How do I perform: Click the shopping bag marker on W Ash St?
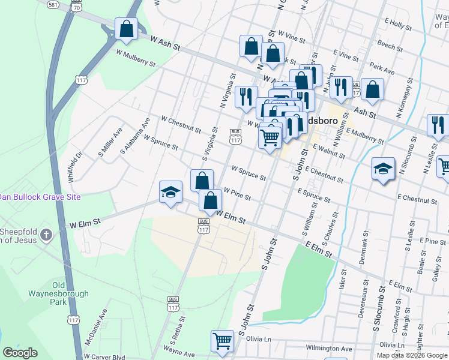click(x=127, y=29)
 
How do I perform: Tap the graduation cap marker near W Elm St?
click(x=170, y=193)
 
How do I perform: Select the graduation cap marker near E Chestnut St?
click(x=382, y=169)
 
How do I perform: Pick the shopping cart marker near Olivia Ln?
click(x=223, y=341)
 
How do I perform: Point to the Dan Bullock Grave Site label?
click(x=48, y=197)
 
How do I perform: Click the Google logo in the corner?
click(x=20, y=353)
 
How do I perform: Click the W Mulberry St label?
click(x=136, y=58)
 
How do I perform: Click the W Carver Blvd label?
click(x=104, y=356)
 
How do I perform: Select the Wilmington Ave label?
click(x=328, y=348)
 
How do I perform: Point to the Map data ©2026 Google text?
click(x=412, y=354)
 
